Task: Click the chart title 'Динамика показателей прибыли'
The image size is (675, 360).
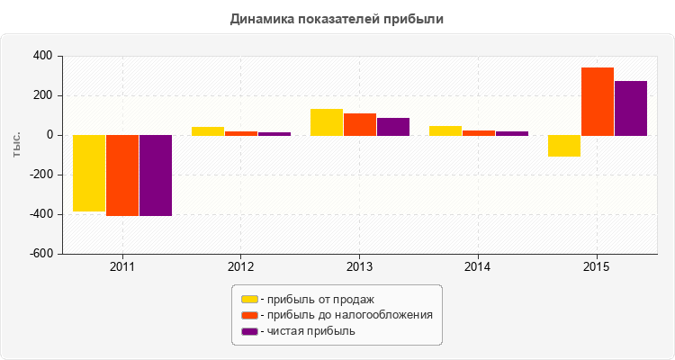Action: point(337,18)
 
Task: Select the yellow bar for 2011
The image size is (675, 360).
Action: point(89,173)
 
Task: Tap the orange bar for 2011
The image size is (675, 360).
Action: point(122,175)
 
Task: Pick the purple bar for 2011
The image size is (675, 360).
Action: point(156,175)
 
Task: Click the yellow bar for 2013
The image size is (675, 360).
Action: point(327,122)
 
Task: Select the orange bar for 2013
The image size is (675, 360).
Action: point(360,124)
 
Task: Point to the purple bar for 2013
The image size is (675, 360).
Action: point(393,127)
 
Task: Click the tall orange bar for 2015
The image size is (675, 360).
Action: point(598,102)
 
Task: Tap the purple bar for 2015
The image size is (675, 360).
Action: point(631,108)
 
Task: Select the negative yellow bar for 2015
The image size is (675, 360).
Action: point(564,146)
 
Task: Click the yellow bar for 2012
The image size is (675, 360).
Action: point(208,131)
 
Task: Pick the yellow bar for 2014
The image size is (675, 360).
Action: point(445,130)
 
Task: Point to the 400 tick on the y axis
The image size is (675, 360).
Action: point(42,57)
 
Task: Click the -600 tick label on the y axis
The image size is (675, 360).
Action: point(40,254)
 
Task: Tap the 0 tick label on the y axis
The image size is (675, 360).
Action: point(49,135)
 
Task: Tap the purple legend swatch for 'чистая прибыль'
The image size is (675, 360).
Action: point(249,331)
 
